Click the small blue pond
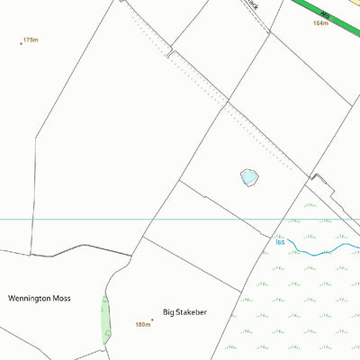249,178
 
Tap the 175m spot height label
32,40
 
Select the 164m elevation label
320,23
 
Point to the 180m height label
142,325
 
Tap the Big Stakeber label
184,312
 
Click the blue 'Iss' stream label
280,241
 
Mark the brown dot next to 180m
152,319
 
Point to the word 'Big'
167,312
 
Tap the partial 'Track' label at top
253,4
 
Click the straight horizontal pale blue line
90,219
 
